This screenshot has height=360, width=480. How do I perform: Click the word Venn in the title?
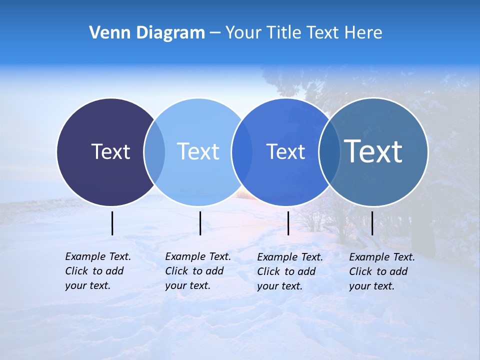tap(106, 33)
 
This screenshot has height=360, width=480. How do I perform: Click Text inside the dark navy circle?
tap(110, 151)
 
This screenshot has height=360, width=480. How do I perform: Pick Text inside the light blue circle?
tap(198, 151)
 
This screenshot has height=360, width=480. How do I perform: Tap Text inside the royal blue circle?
tap(285, 151)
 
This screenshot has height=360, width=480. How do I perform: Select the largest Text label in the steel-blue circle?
tap(373, 151)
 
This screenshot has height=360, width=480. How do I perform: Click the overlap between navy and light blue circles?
tap(154, 152)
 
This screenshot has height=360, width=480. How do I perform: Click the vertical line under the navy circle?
tap(112, 223)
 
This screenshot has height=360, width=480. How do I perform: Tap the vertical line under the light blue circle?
tap(200, 223)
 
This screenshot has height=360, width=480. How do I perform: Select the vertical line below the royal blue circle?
tap(288, 223)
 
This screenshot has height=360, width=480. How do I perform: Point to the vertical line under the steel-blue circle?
tap(372, 223)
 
